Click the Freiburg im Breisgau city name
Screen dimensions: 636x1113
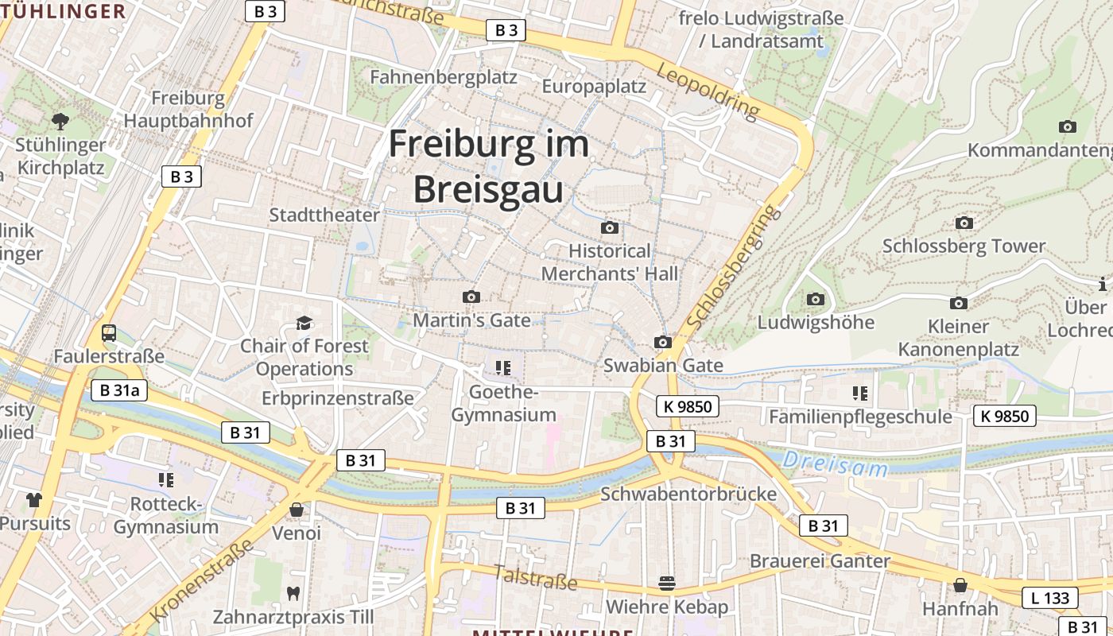488,167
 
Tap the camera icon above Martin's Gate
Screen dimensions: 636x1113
471,297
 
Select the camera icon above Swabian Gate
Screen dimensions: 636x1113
663,342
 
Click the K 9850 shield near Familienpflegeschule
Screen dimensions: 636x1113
1005,415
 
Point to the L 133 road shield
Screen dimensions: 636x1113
1053,598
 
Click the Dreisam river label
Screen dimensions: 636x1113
834,463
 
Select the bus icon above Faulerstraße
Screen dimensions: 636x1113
109,333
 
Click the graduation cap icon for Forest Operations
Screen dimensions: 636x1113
304,323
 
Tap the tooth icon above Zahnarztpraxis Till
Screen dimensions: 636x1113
293,592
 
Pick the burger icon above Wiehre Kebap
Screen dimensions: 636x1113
667,584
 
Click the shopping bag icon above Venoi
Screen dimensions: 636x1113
297,509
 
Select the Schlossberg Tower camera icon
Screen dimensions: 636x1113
964,223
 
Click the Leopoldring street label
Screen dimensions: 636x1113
708,91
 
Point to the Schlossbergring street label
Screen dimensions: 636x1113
731,267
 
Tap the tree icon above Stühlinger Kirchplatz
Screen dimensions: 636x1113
60,121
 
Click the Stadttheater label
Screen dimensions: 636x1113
324,215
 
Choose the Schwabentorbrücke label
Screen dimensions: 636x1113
688,494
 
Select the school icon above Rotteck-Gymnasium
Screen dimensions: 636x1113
165,479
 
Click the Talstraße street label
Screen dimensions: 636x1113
535,577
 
